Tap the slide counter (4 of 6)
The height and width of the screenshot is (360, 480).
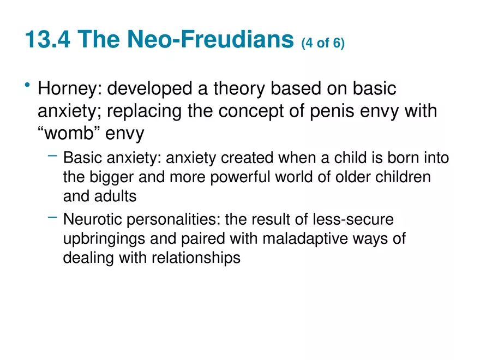tap(323, 43)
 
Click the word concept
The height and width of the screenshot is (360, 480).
tap(251, 111)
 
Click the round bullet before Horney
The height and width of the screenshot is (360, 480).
tap(27, 86)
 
